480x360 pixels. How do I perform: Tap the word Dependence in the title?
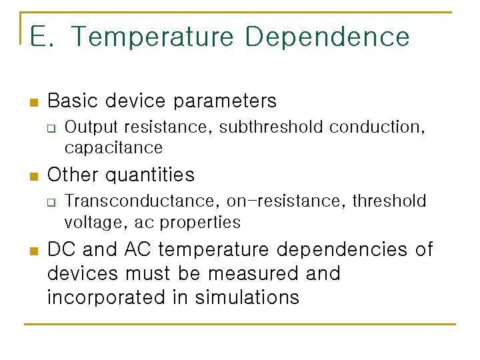point(327,37)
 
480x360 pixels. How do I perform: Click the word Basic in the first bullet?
point(73,101)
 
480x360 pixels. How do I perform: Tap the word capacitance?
point(113,147)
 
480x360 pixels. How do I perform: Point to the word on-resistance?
point(285,201)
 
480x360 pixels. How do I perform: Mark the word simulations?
point(247,297)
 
